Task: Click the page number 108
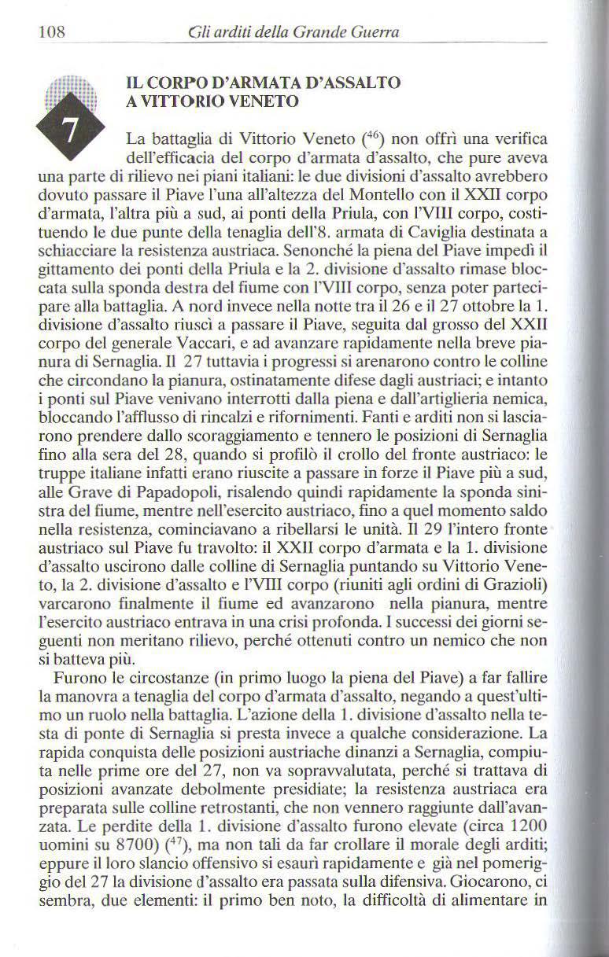[50, 32]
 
